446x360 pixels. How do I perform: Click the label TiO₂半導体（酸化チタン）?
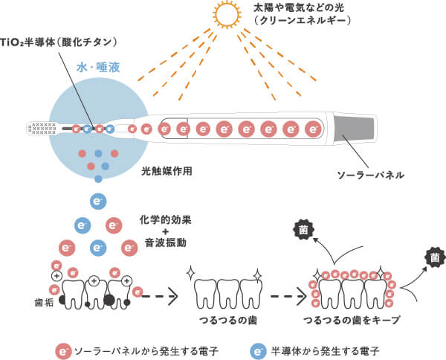click(59, 42)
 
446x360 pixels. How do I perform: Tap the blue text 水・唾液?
click(98, 68)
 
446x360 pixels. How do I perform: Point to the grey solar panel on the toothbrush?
click(354, 129)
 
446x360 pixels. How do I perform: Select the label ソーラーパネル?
click(370, 175)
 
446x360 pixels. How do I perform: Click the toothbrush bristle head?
click(42, 129)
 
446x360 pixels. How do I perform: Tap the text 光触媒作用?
click(167, 171)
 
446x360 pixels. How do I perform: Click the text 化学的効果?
click(165, 219)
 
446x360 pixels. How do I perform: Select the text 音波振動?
click(165, 242)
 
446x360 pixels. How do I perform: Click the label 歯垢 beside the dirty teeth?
click(44, 303)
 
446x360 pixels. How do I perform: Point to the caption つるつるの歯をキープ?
click(352, 321)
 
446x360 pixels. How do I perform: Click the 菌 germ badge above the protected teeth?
click(303, 229)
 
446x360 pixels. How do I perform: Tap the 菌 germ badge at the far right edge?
click(435, 257)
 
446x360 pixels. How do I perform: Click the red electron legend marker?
click(63, 352)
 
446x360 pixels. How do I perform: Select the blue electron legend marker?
click(258, 352)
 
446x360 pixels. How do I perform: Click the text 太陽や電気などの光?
click(299, 7)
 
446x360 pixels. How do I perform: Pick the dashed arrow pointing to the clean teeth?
click(160, 296)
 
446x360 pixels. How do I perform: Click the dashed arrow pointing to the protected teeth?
click(288, 296)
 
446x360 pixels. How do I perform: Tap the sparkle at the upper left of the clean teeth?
click(190, 273)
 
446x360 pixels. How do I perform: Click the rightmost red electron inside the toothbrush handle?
click(313, 129)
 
